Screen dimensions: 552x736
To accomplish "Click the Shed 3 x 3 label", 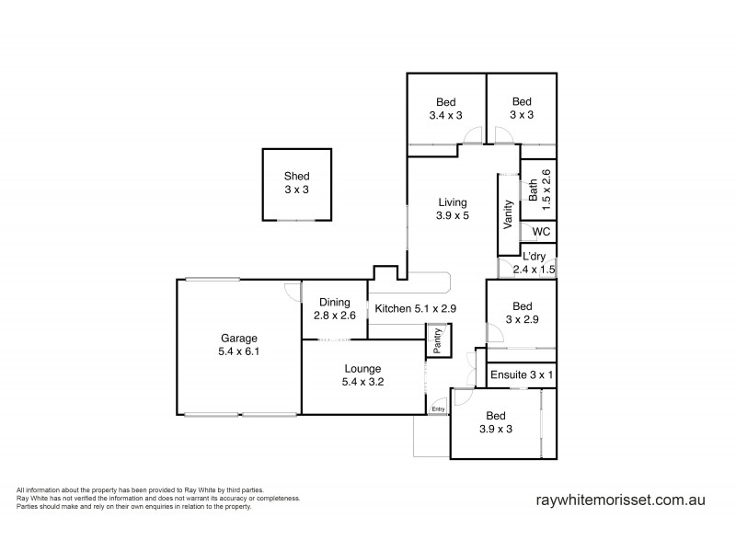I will [x=296, y=182].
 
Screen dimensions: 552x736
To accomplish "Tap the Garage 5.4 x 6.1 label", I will [x=238, y=344].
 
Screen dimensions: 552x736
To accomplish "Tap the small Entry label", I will [x=438, y=409].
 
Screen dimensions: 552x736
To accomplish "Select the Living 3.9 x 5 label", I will [x=453, y=209].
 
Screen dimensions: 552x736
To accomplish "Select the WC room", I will [x=540, y=231].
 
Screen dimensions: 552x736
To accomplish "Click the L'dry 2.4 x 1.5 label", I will [x=539, y=263].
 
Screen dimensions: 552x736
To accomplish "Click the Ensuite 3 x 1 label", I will [x=522, y=375].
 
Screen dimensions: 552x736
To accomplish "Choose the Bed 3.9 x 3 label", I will [x=496, y=422].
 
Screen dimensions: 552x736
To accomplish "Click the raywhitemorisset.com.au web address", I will [x=620, y=501].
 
